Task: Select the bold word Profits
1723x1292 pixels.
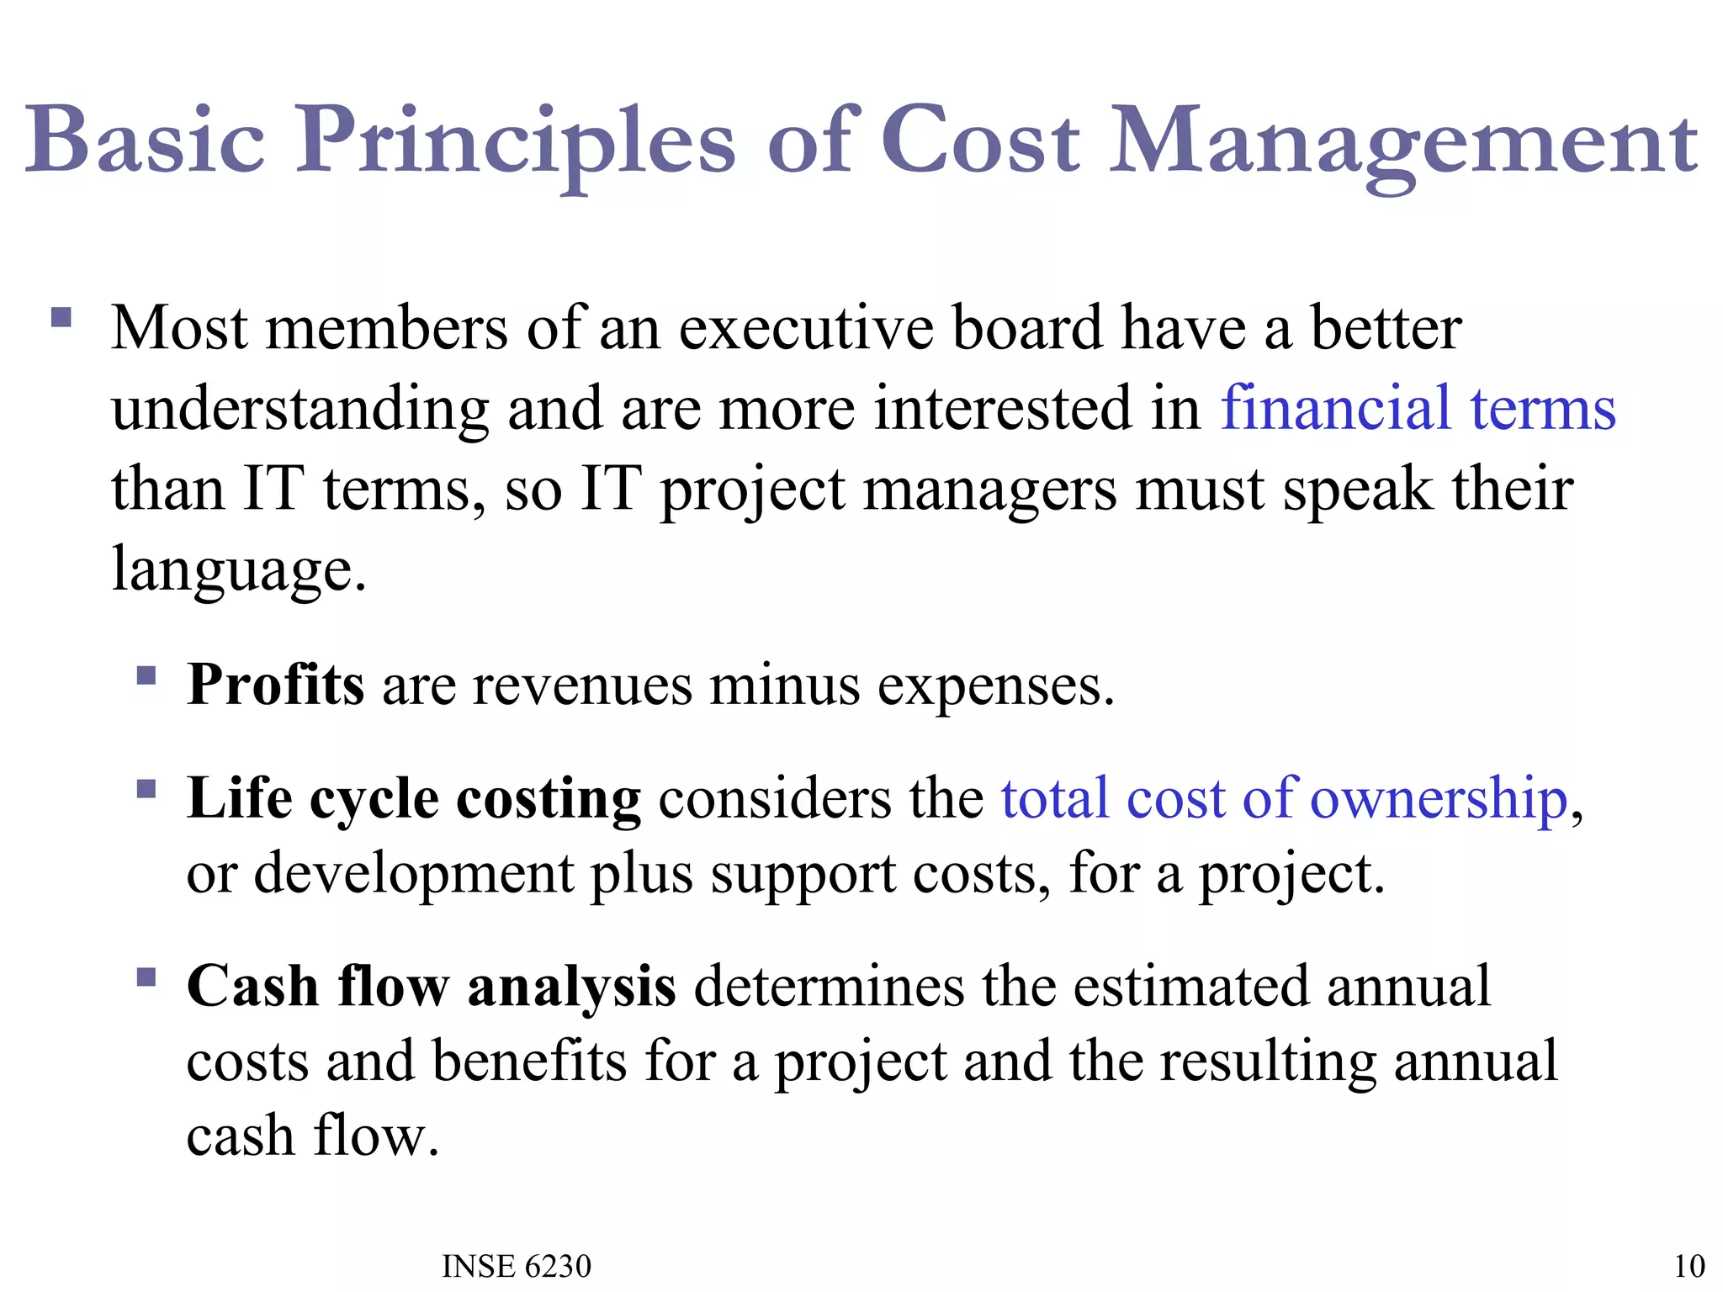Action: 276,685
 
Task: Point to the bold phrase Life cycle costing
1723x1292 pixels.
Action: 414,798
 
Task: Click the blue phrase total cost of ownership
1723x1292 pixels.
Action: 1284,798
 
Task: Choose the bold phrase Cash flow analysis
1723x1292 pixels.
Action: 431,986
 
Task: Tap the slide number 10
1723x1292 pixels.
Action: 1689,1266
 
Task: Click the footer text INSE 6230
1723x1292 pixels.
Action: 517,1266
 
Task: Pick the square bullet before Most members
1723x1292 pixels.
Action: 61,317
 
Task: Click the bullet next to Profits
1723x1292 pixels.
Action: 146,675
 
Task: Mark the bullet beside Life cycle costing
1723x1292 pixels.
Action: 146,789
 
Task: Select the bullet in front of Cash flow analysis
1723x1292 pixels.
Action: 146,977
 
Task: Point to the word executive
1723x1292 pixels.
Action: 806,328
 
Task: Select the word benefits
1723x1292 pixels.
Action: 530,1062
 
